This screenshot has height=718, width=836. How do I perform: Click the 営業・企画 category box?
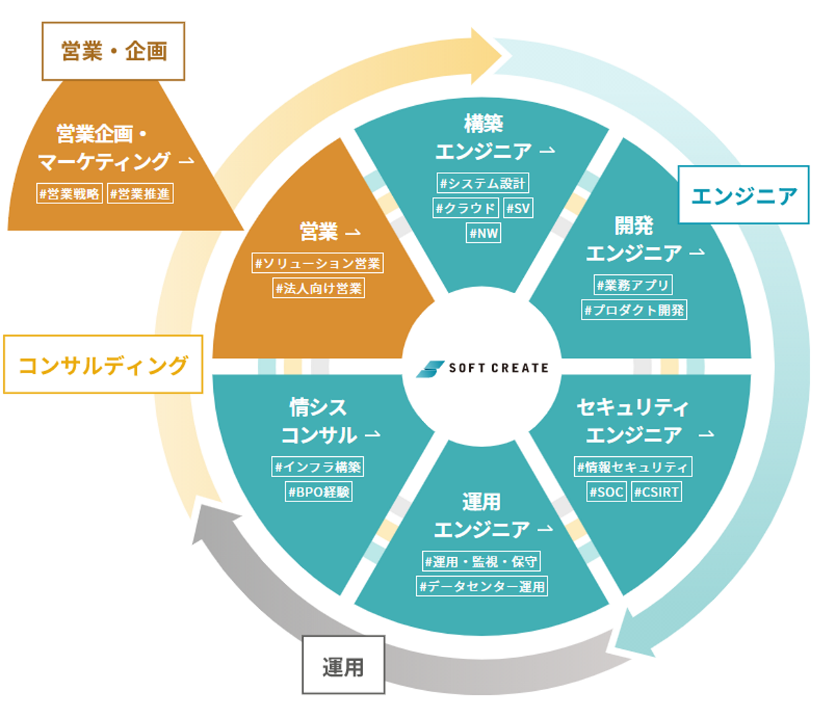[x=114, y=52]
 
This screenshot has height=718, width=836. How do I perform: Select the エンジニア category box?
[x=743, y=196]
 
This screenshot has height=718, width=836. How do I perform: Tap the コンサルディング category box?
[x=103, y=365]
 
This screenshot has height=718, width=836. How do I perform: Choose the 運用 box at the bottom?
[x=343, y=666]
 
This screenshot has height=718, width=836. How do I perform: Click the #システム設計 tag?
[x=483, y=183]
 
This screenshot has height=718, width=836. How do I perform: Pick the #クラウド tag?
[x=465, y=208]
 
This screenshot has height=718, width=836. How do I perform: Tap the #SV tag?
[x=518, y=208]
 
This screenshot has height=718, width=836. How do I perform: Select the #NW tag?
[x=483, y=233]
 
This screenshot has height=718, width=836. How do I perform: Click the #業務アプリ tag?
[x=633, y=285]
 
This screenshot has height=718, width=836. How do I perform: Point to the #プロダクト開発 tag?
[x=634, y=310]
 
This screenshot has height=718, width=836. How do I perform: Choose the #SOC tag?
[x=606, y=492]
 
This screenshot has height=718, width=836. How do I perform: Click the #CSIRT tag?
[x=656, y=492]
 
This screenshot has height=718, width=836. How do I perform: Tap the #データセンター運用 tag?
[x=482, y=586]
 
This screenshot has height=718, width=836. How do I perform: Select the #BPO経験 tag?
[x=319, y=492]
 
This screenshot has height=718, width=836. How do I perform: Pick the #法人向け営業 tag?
[x=319, y=288]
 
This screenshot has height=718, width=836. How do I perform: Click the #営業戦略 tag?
[x=70, y=194]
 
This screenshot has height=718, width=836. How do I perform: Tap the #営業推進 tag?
[x=140, y=194]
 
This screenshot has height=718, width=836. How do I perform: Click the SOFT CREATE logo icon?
[x=430, y=369]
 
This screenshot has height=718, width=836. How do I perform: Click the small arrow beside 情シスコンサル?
[x=373, y=435]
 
